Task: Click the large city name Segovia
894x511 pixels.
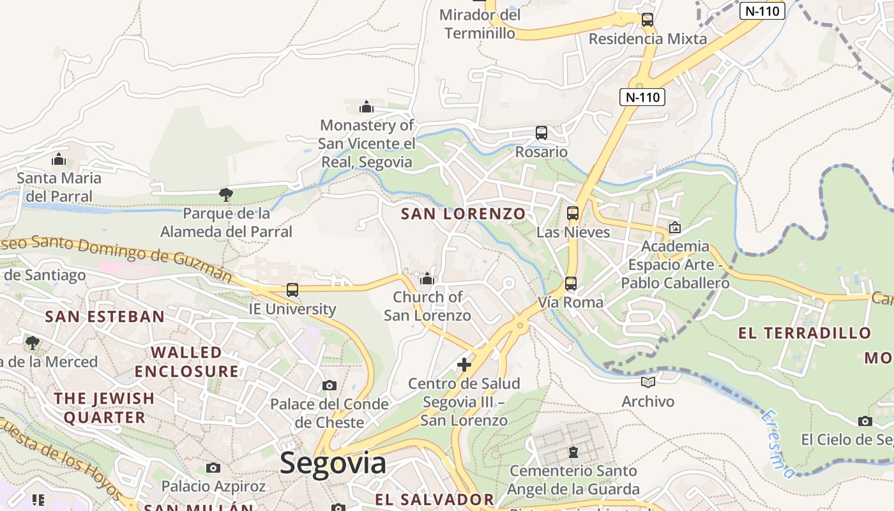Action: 333,463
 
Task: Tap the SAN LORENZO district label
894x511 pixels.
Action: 463,214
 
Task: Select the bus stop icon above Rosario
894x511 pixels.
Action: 542,133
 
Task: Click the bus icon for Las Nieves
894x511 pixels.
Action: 573,213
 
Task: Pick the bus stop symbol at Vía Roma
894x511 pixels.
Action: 570,283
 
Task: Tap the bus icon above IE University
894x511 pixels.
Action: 292,290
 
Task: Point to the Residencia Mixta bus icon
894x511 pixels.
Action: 648,19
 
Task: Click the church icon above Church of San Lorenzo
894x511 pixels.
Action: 427,278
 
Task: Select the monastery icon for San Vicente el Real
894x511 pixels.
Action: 367,106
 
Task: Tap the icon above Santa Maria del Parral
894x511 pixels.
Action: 59,158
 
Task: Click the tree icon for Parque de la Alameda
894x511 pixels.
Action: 225,194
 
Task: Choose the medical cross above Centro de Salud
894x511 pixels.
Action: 464,365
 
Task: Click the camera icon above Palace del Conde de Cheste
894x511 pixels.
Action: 330,385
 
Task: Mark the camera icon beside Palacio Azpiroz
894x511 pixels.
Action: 213,468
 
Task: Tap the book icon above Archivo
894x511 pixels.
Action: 648,382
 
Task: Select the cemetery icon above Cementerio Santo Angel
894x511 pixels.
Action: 574,452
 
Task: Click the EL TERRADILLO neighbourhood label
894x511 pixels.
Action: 805,333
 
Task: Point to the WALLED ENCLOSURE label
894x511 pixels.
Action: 186,362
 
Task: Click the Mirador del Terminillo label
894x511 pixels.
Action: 480,24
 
